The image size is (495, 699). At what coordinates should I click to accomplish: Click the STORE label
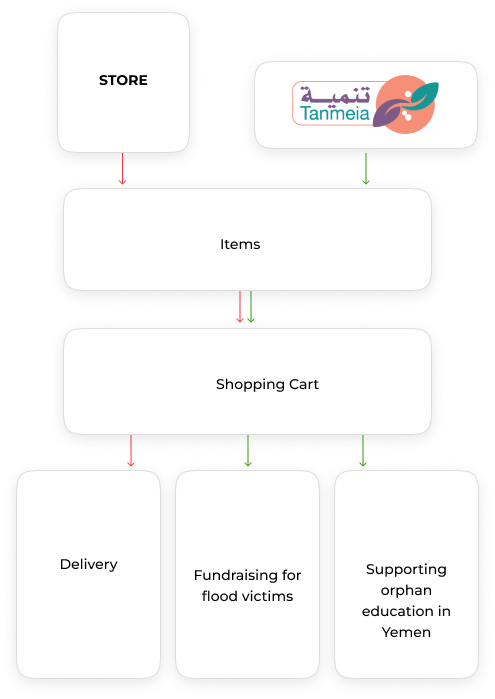pyautogui.click(x=123, y=80)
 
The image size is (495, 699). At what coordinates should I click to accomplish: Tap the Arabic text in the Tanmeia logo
pyautogui.click(x=335, y=94)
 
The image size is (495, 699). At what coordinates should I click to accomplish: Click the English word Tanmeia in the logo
pyautogui.click(x=335, y=113)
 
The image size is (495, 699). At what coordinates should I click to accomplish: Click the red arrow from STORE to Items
pyautogui.click(x=122, y=169)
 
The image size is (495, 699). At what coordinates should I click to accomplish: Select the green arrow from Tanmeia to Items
pyautogui.click(x=366, y=169)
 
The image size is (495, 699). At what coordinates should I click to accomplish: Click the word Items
pyautogui.click(x=240, y=244)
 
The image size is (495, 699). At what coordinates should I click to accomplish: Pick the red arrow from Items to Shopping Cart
pyautogui.click(x=240, y=307)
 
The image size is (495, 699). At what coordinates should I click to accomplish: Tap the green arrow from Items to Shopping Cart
pyautogui.click(x=251, y=307)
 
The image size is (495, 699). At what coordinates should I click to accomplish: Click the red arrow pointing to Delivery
pyautogui.click(x=131, y=451)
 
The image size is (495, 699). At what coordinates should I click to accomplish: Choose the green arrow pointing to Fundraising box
pyautogui.click(x=248, y=451)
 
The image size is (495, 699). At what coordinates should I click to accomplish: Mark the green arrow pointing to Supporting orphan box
pyautogui.click(x=363, y=451)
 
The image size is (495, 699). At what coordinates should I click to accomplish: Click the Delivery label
pyautogui.click(x=89, y=564)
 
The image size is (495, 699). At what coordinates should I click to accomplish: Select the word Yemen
pyautogui.click(x=406, y=632)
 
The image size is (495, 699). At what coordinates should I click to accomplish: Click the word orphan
pyautogui.click(x=406, y=591)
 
